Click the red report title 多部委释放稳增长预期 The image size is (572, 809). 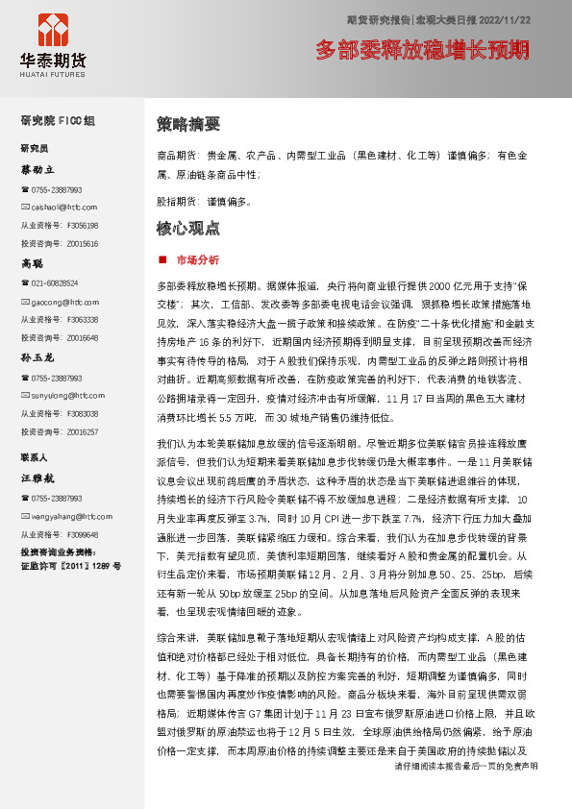click(x=422, y=49)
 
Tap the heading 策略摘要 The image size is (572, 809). click(x=187, y=124)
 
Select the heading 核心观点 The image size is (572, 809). click(x=187, y=229)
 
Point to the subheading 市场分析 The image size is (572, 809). click(x=197, y=260)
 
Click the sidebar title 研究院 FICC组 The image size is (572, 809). click(x=58, y=120)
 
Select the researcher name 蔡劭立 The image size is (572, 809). click(x=39, y=169)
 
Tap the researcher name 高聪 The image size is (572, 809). click(x=33, y=262)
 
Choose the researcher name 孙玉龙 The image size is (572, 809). click(x=37, y=356)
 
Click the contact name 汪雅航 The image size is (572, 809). click(x=37, y=477)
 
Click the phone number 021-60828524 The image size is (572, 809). click(x=55, y=283)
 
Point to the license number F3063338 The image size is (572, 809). click(x=82, y=319)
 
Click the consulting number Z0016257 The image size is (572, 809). click(x=82, y=431)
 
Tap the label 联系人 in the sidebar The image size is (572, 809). click(x=36, y=456)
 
